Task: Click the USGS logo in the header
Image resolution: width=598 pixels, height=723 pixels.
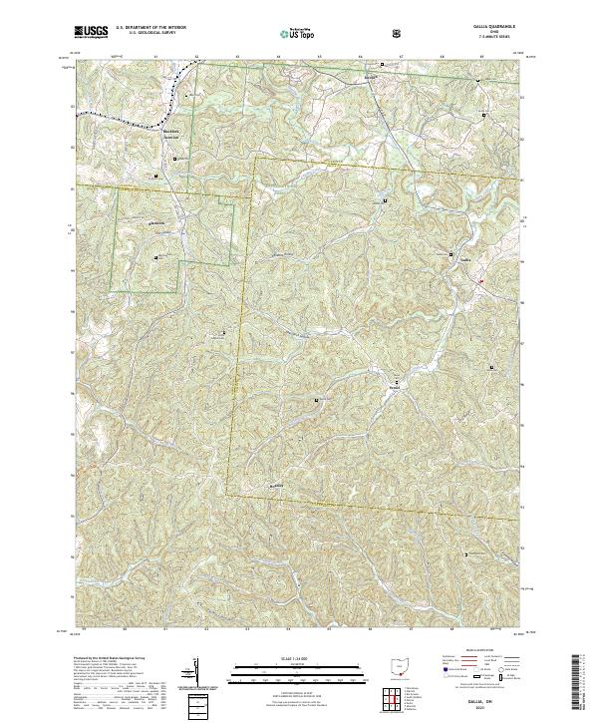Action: coord(92,33)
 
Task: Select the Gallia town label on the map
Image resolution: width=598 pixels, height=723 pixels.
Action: coord(464,261)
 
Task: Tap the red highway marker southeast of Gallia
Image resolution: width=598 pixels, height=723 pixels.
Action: coord(479,281)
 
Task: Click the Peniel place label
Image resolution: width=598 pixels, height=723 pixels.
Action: coord(395,388)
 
